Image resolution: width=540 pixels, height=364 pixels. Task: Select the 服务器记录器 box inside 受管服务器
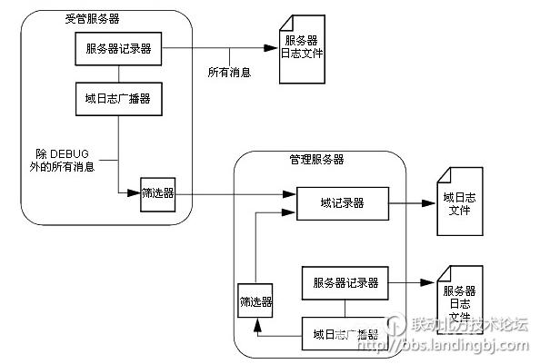pyautogui.click(x=117, y=50)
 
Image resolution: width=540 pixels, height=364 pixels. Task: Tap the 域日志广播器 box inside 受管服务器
pyautogui.click(x=117, y=99)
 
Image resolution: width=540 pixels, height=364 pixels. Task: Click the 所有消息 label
pyautogui.click(x=229, y=72)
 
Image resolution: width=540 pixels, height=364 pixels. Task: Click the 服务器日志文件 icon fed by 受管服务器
pyautogui.click(x=301, y=53)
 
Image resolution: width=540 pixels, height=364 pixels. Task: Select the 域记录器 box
pyautogui.click(x=343, y=203)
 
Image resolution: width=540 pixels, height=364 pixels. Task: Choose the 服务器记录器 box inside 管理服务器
pyautogui.click(x=345, y=282)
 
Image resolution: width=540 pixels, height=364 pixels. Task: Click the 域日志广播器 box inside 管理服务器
pyautogui.click(x=345, y=333)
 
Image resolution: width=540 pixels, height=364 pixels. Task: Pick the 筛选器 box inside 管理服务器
pyautogui.click(x=255, y=300)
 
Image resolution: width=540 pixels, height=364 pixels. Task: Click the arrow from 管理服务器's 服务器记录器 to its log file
pyautogui.click(x=414, y=282)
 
